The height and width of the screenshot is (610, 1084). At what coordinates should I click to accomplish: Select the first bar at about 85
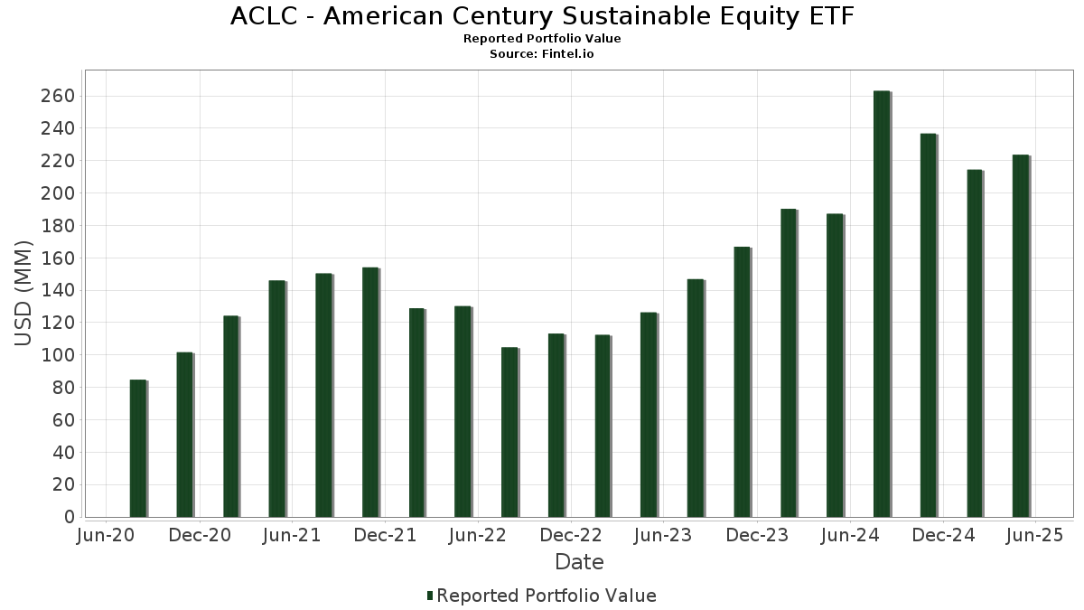click(137, 448)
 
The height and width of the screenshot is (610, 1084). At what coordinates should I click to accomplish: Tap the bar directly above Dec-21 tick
click(370, 392)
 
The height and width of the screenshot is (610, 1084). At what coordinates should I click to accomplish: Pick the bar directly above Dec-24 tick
click(928, 325)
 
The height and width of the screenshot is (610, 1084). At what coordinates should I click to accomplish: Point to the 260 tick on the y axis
click(57, 97)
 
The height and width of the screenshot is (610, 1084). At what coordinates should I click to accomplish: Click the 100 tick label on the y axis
click(57, 355)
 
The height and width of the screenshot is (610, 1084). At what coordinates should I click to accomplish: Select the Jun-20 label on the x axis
click(107, 536)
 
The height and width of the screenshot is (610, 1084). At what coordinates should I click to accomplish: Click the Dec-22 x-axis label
click(571, 536)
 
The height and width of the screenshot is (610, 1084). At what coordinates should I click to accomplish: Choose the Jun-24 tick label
click(850, 536)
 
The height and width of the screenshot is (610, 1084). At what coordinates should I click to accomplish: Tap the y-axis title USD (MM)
click(24, 294)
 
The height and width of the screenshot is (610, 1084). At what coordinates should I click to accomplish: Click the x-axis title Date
click(579, 562)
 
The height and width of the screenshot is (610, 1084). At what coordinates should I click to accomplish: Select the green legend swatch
click(430, 596)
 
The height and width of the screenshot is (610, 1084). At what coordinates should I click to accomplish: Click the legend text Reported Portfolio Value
click(547, 596)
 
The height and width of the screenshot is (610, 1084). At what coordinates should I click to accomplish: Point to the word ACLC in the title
click(261, 16)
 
